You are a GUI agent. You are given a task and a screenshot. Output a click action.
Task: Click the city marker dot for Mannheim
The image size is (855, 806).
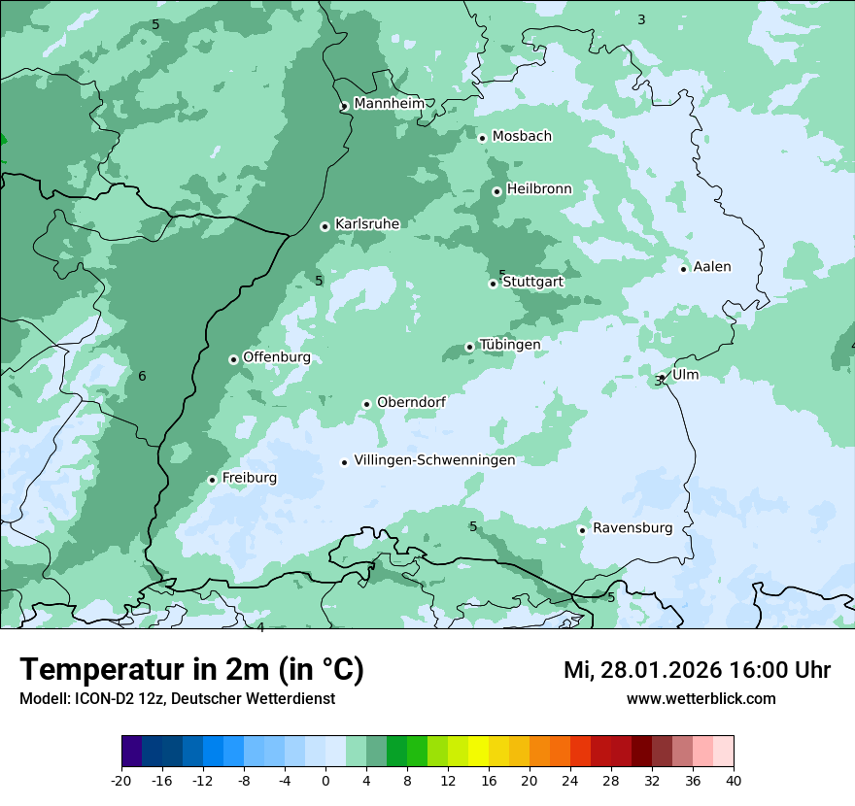(x=344, y=107)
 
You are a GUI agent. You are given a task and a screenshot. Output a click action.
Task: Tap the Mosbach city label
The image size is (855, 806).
(x=521, y=137)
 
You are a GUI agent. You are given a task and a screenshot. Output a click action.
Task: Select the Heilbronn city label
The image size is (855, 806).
(x=539, y=189)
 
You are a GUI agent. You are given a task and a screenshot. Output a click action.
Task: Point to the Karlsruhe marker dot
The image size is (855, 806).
(x=325, y=227)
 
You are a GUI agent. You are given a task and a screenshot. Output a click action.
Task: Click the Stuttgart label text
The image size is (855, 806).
(x=532, y=282)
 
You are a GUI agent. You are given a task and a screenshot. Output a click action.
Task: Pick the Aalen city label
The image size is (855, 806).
(x=712, y=267)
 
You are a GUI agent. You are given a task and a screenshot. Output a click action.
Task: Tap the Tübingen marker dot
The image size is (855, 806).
(x=470, y=347)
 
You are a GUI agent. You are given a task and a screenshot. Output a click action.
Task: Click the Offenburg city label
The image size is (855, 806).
(x=277, y=357)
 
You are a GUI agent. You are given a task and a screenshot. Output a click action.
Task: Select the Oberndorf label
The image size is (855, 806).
(x=411, y=402)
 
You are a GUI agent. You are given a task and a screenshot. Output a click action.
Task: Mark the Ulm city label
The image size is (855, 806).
(x=685, y=375)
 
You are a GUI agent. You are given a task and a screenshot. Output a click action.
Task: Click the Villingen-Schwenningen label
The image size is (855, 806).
(x=434, y=460)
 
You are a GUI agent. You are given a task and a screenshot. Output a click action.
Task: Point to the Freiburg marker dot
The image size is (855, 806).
(x=212, y=480)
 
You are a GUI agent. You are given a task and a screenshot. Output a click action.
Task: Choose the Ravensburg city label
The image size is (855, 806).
(x=633, y=528)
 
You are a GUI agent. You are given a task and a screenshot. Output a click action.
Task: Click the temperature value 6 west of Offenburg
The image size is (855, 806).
(x=142, y=377)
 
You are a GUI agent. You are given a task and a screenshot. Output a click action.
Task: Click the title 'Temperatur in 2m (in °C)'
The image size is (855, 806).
(x=191, y=670)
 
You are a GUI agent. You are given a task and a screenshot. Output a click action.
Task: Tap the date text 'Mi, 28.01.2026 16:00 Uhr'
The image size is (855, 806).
(x=697, y=670)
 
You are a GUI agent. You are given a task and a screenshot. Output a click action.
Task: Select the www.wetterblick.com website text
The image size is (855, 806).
(x=701, y=699)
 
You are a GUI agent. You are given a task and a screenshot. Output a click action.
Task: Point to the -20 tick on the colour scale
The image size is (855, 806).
(x=121, y=781)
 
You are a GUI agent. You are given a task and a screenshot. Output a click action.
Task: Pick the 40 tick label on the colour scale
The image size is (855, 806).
(x=734, y=781)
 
